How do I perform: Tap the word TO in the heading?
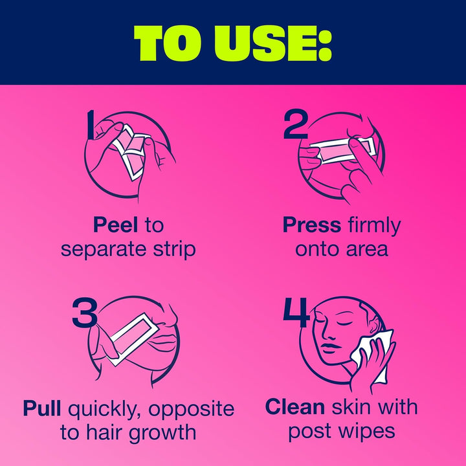pos(166,43)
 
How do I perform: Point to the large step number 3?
pos(85,313)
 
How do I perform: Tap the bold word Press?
pos(311,225)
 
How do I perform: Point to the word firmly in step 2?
pos(373,225)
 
